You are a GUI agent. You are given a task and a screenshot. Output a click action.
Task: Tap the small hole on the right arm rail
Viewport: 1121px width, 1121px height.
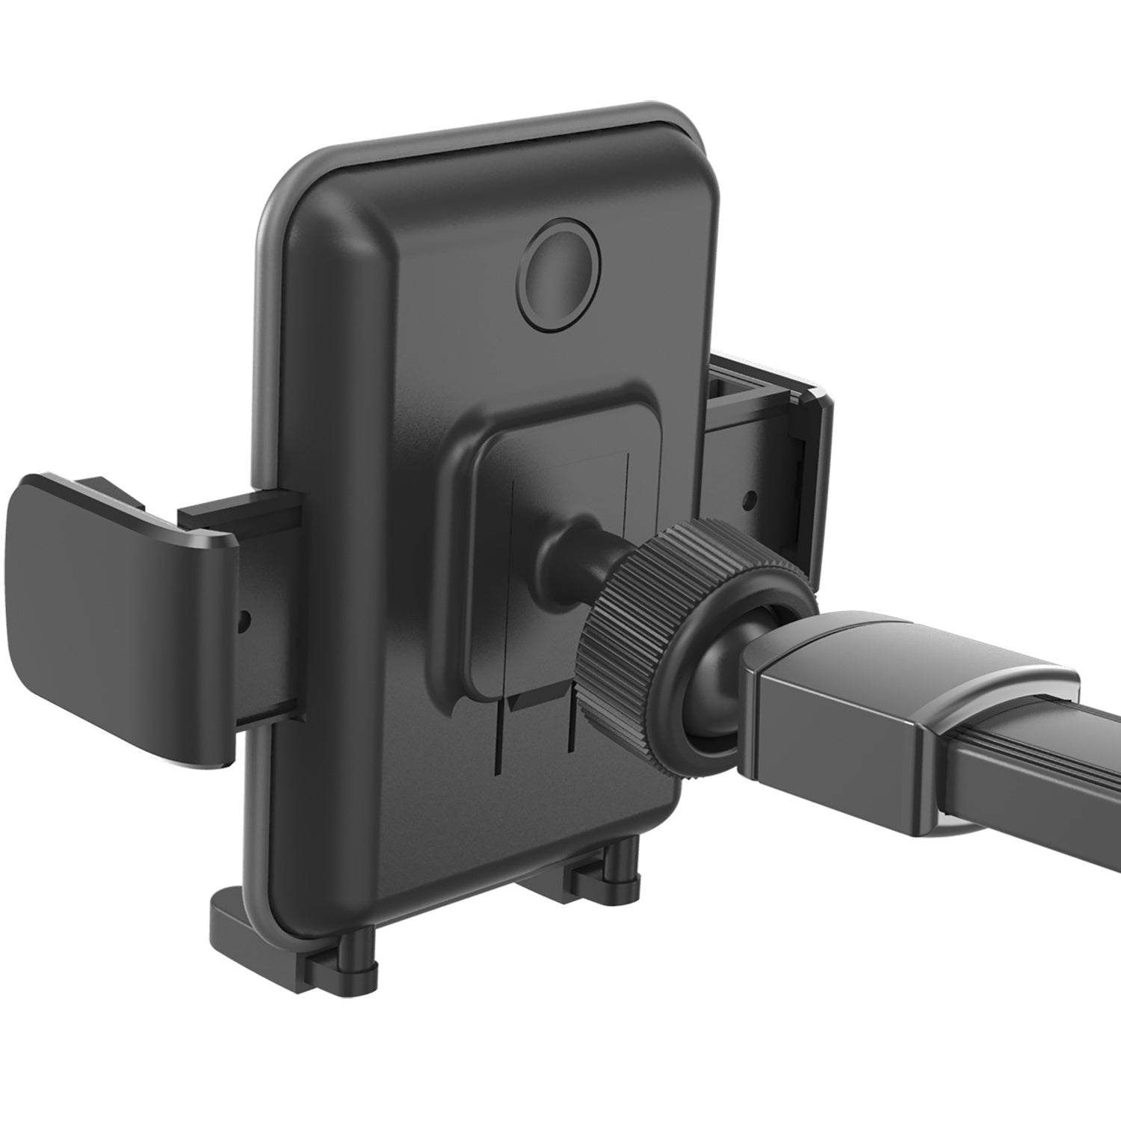click(x=752, y=496)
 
